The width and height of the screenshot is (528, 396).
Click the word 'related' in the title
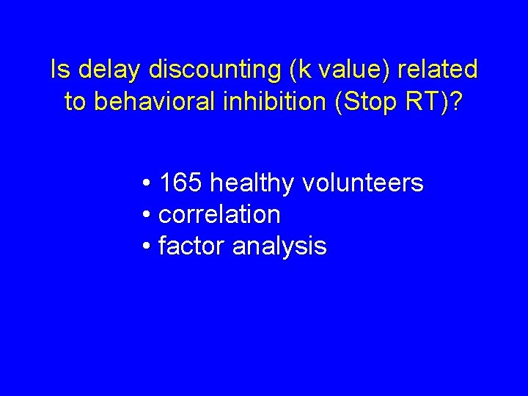tap(437, 70)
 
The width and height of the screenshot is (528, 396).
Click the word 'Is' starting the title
tap(59, 70)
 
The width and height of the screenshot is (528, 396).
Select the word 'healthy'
tap(250, 183)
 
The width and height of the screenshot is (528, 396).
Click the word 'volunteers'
tap(362, 183)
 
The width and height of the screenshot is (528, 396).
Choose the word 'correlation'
tap(219, 215)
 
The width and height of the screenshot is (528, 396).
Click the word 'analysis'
tap(279, 247)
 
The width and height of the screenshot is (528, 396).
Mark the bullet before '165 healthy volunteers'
tap(147, 183)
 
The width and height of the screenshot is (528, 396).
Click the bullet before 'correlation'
tap(147, 216)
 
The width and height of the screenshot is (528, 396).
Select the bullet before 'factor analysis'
tap(147, 247)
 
